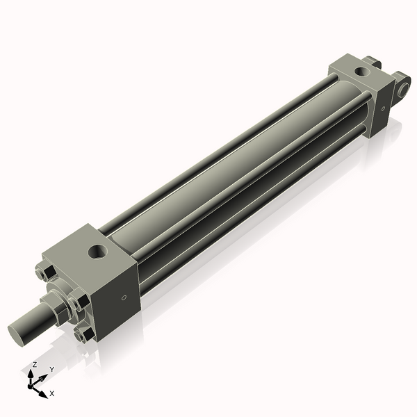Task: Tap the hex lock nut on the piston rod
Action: pyautogui.click(x=54, y=309)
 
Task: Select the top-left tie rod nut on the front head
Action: pyautogui.click(x=45, y=272)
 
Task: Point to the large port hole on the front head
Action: pyautogui.click(x=97, y=252)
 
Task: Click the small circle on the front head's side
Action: pyautogui.click(x=124, y=297)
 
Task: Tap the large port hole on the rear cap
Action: pyautogui.click(x=362, y=72)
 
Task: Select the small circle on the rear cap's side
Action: pyautogui.click(x=383, y=108)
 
